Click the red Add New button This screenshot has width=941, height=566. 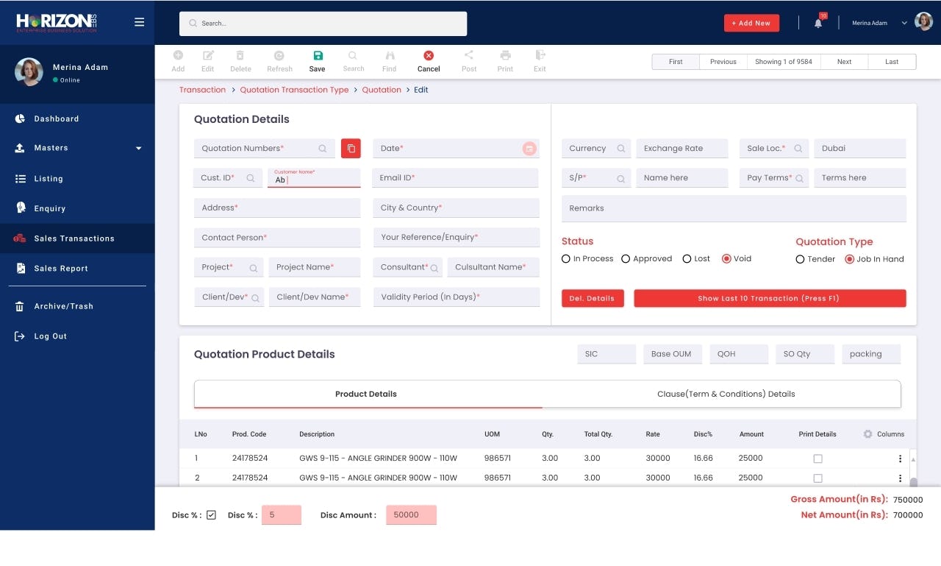751,23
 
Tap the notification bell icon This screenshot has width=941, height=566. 818,24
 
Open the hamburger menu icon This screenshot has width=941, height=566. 139,22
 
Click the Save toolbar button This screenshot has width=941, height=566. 317,61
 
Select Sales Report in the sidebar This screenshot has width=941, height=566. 61,269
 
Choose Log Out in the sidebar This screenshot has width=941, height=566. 50,336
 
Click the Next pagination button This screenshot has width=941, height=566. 844,62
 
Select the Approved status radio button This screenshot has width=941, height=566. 626,259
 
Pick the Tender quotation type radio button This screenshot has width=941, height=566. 800,259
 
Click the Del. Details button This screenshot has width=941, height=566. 592,298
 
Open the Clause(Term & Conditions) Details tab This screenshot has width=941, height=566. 726,394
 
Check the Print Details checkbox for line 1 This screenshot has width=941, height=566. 817,459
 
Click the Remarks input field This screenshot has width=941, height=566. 734,208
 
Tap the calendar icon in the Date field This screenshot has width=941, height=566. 529,149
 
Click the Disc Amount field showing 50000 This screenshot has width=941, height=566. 411,515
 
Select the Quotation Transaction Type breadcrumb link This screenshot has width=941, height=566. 294,90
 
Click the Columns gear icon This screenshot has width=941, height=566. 867,434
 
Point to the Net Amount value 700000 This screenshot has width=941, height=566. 907,515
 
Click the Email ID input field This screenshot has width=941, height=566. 456,178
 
